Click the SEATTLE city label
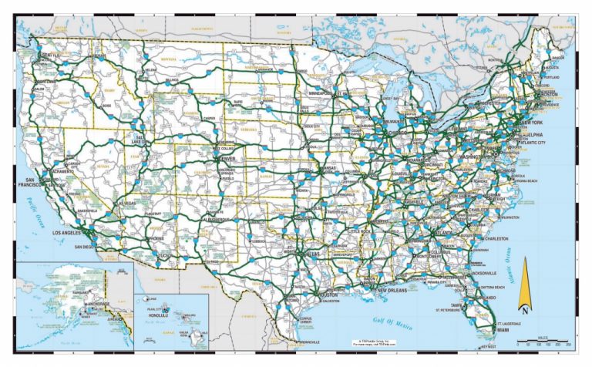pyautogui.click(x=51, y=56)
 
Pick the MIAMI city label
pyautogui.click(x=505, y=330)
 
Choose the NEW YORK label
pyautogui.click(x=530, y=124)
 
